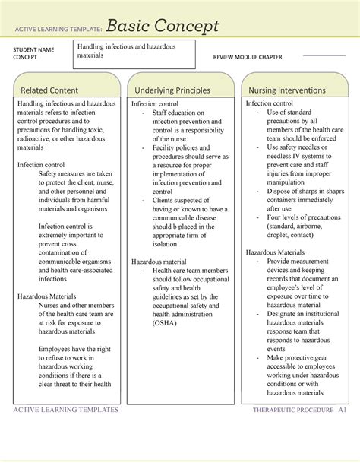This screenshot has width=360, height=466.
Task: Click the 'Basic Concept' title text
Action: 163,27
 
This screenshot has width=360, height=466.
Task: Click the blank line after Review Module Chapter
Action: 324,56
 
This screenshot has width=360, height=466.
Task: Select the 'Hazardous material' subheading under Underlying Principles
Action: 159,261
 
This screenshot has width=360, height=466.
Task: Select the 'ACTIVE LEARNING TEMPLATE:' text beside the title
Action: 58,30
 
